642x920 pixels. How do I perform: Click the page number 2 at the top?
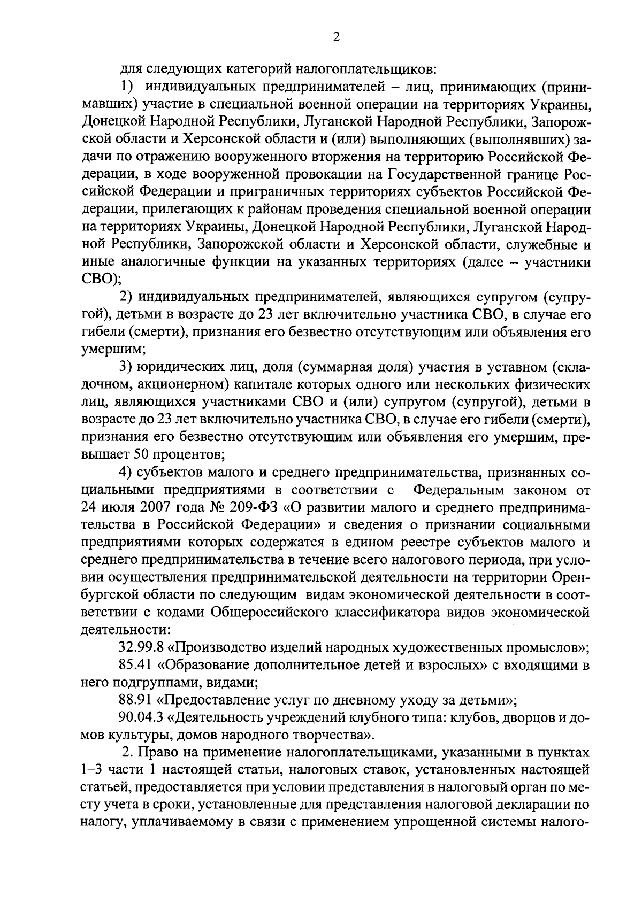(x=336, y=37)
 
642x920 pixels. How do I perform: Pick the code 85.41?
(x=135, y=666)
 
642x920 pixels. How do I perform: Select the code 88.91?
(x=135, y=700)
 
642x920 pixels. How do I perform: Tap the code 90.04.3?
(x=140, y=718)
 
